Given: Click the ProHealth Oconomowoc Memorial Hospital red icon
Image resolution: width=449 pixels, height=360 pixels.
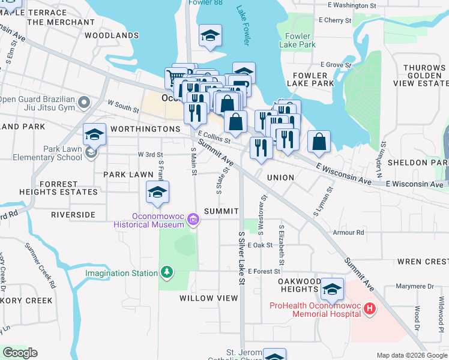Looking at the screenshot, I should coord(370,309).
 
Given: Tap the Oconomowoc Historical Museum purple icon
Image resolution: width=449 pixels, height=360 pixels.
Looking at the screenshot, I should coord(193,220).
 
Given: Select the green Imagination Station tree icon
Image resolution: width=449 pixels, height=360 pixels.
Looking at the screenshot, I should coord(167,274).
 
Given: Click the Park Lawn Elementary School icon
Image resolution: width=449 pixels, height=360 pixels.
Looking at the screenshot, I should coord(90,152).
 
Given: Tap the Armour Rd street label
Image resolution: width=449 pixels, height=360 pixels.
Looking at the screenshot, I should coord(352,232).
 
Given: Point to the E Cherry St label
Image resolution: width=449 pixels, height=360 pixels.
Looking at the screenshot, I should coord(335,20).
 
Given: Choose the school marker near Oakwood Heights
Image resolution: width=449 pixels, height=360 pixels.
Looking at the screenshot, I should coord(331,290).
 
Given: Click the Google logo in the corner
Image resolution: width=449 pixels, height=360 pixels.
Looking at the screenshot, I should coord(20,353).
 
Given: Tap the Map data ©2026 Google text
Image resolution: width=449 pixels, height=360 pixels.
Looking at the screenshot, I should coord(412,355).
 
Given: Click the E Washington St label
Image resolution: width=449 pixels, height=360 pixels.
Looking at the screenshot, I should coord(352,5).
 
